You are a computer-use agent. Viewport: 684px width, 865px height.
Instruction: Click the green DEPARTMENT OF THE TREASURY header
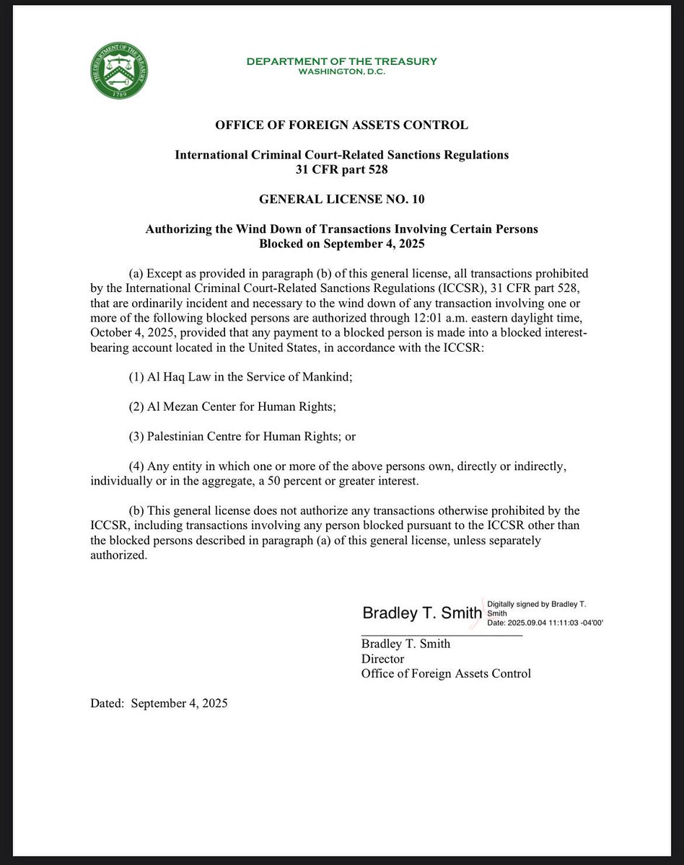(341, 61)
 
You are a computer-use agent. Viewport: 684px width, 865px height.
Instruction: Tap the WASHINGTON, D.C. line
(341, 72)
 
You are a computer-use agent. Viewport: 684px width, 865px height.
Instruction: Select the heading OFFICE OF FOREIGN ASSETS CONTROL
(341, 125)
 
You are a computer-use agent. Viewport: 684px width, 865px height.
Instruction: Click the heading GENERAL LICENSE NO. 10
(341, 199)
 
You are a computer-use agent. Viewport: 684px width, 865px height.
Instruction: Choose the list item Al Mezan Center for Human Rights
(232, 406)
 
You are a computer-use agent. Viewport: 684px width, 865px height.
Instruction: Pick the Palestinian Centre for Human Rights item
(242, 436)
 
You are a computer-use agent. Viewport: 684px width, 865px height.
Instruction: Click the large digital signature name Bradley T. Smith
(421, 613)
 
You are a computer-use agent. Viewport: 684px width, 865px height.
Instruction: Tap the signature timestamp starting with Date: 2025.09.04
(545, 622)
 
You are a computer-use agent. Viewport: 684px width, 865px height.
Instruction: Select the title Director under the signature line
(382, 659)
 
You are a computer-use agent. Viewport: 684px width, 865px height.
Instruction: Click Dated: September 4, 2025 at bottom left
(159, 704)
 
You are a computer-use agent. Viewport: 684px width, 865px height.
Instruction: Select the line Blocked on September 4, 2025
(341, 244)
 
